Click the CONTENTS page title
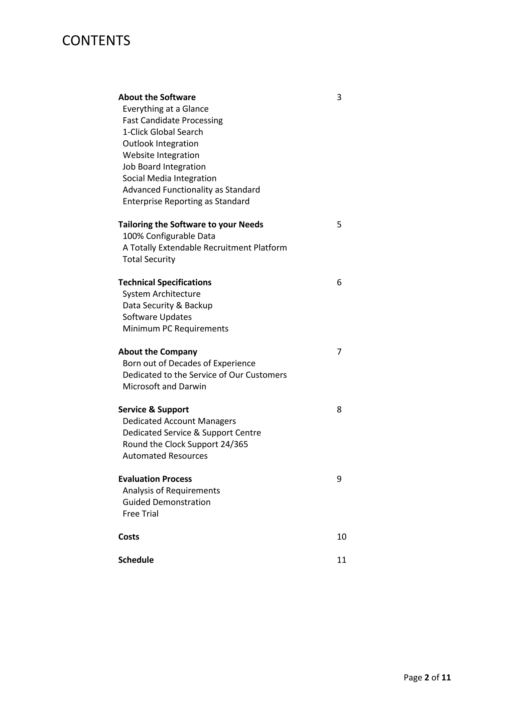[x=96, y=41]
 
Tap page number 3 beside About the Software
[x=339, y=97]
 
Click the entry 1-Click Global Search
[x=163, y=132]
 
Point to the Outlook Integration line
[x=161, y=144]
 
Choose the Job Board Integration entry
[x=164, y=167]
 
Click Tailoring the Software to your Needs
[x=190, y=225]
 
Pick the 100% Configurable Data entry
[x=169, y=236]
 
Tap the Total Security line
[x=149, y=259]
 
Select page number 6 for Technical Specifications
[x=339, y=282]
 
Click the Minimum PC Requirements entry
[x=175, y=329]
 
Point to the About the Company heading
[x=158, y=352]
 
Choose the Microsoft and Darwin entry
[x=164, y=387]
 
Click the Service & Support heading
[x=153, y=410]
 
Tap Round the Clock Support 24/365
[x=185, y=444]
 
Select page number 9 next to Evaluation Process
[x=339, y=479]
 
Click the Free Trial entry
[x=141, y=514]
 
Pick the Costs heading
[x=129, y=537]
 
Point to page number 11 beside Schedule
[x=341, y=560]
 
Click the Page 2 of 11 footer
[x=427, y=678]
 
